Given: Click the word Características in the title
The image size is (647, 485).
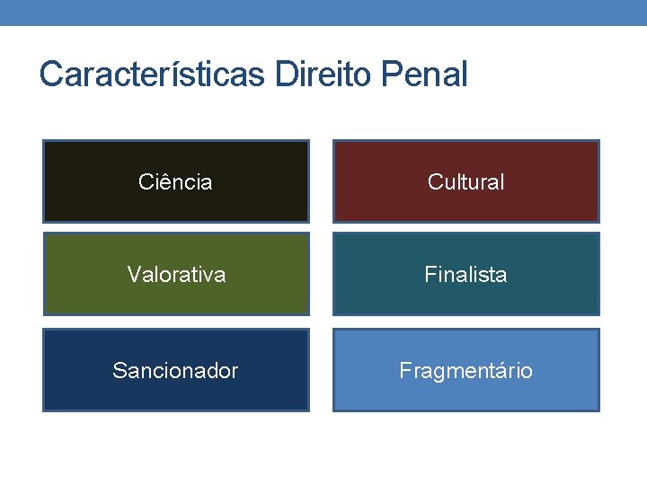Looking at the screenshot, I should click(153, 75).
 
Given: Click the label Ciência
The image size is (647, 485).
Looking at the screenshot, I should click(175, 182).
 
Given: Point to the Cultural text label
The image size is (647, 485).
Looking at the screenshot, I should click(465, 182).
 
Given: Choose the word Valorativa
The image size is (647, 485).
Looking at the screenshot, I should click(176, 275).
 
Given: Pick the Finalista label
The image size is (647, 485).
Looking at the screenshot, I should click(465, 275).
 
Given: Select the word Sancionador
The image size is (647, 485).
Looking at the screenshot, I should click(175, 371).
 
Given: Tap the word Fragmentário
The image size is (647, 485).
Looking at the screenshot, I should click(465, 371).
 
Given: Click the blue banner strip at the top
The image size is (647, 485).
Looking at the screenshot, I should click(323, 12).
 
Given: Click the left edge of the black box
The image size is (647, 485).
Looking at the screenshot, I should click(44, 181).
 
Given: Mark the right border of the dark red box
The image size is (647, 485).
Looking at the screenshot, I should click(598, 181).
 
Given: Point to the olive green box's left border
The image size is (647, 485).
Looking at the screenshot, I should click(44, 274).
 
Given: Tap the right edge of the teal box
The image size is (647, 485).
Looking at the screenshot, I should click(598, 274).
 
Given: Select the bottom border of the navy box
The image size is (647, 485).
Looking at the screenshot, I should click(176, 410).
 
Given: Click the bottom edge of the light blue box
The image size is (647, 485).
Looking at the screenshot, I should click(465, 410).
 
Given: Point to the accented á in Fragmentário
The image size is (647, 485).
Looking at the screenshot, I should click(506, 371).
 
